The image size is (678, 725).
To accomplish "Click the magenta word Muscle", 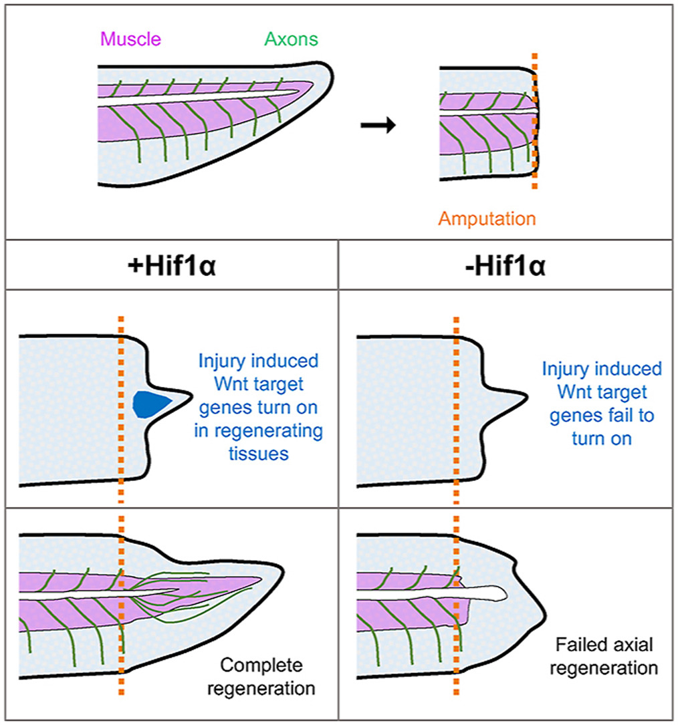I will pyautogui.click(x=130, y=39).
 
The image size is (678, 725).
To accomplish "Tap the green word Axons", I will pyautogui.click(x=291, y=39).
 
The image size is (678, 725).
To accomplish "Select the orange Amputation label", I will pyautogui.click(x=487, y=219).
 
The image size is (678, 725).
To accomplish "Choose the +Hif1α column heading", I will pyautogui.click(x=171, y=269).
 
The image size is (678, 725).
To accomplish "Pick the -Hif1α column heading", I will pyautogui.click(x=507, y=269).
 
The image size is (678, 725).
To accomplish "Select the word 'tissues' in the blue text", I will pyautogui.click(x=261, y=453).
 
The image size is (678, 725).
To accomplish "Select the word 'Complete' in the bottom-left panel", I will pyautogui.click(x=261, y=666).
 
